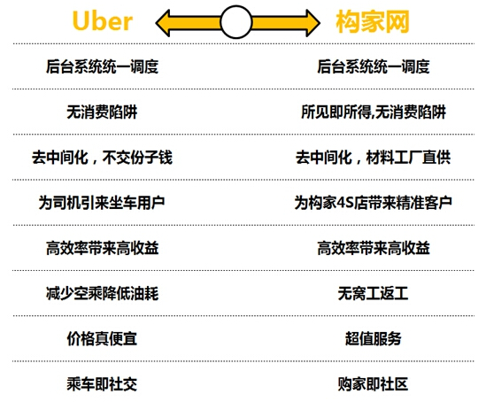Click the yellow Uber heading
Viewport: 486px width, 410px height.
coord(103,20)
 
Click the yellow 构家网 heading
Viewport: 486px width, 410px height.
coord(373,21)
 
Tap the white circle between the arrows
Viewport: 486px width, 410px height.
coord(235,22)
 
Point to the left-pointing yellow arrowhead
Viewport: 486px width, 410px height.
coord(164,23)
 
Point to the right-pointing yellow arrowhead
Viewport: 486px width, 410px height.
coord(312,23)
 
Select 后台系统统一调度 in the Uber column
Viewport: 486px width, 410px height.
coord(103,66)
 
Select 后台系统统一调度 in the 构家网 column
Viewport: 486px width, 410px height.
coord(374,66)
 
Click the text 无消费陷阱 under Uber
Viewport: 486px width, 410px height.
coord(102,112)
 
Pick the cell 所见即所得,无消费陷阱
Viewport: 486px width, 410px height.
coord(374,112)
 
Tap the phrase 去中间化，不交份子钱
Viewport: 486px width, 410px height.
coord(103,158)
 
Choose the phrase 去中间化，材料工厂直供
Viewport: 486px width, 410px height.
coord(374,158)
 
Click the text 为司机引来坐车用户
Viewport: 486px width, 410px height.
coord(102,203)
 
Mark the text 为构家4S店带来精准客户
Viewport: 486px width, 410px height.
coord(374,203)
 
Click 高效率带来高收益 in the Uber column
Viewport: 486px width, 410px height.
coord(103,248)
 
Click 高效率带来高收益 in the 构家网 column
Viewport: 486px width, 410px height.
coord(374,248)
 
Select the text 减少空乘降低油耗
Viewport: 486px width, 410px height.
coord(103,293)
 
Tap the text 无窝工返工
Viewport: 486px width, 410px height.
coord(374,293)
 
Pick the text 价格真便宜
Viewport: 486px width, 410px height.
coord(102,338)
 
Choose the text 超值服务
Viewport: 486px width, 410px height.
coord(374,338)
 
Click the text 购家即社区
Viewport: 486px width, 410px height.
coord(374,384)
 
